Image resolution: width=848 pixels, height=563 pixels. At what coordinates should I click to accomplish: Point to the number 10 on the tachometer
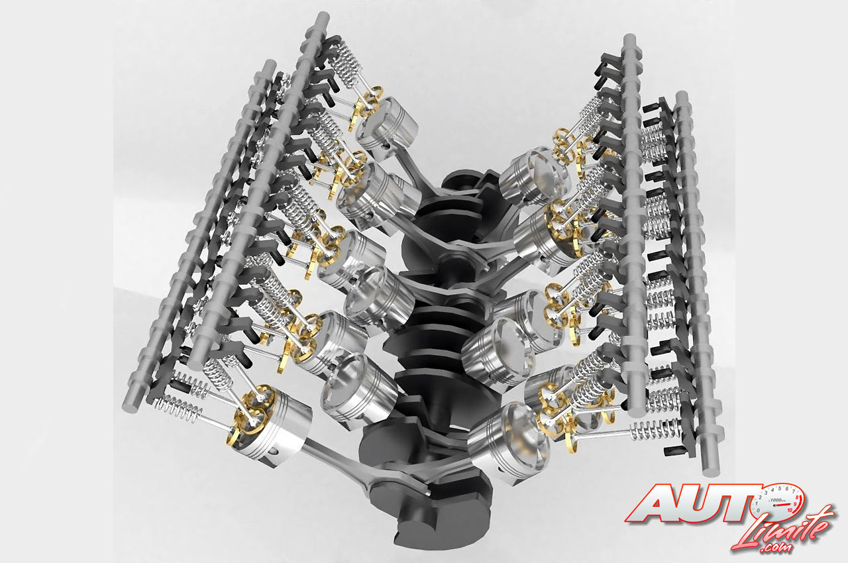(x=790, y=510)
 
